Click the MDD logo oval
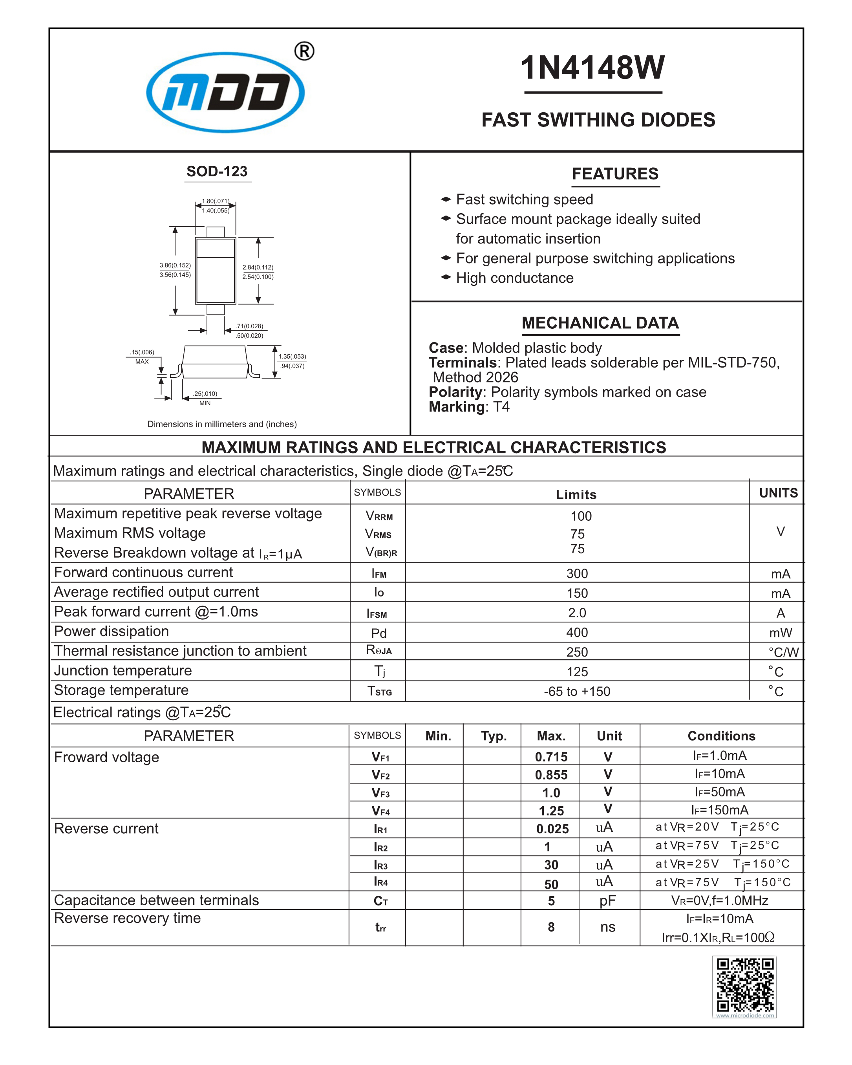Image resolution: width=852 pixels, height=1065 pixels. pyautogui.click(x=225, y=92)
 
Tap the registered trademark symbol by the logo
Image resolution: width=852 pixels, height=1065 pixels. pyautogui.click(x=304, y=51)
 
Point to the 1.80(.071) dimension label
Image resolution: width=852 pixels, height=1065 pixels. pyautogui.click(x=216, y=201)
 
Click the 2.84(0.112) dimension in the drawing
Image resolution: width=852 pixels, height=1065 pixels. pyautogui.click(x=258, y=267)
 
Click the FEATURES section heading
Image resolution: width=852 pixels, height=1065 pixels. pyautogui.click(x=614, y=174)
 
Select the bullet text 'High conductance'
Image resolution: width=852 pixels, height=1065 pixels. pyautogui.click(x=515, y=278)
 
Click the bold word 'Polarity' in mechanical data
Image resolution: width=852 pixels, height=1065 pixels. pyautogui.click(x=455, y=392)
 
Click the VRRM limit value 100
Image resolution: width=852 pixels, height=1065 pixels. pyautogui.click(x=581, y=516)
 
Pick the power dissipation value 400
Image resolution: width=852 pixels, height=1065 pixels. pyautogui.click(x=577, y=633)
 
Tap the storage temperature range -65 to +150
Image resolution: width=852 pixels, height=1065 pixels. pyautogui.click(x=577, y=692)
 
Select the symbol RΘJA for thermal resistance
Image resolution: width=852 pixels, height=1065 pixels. pyautogui.click(x=379, y=651)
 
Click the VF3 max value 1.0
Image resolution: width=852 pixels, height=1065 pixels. pyautogui.click(x=551, y=793)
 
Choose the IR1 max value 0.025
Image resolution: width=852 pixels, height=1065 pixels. pyautogui.click(x=552, y=829)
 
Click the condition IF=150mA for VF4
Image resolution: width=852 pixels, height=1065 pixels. pyautogui.click(x=720, y=810)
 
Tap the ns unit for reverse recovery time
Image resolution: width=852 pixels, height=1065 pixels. pyautogui.click(x=607, y=927)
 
